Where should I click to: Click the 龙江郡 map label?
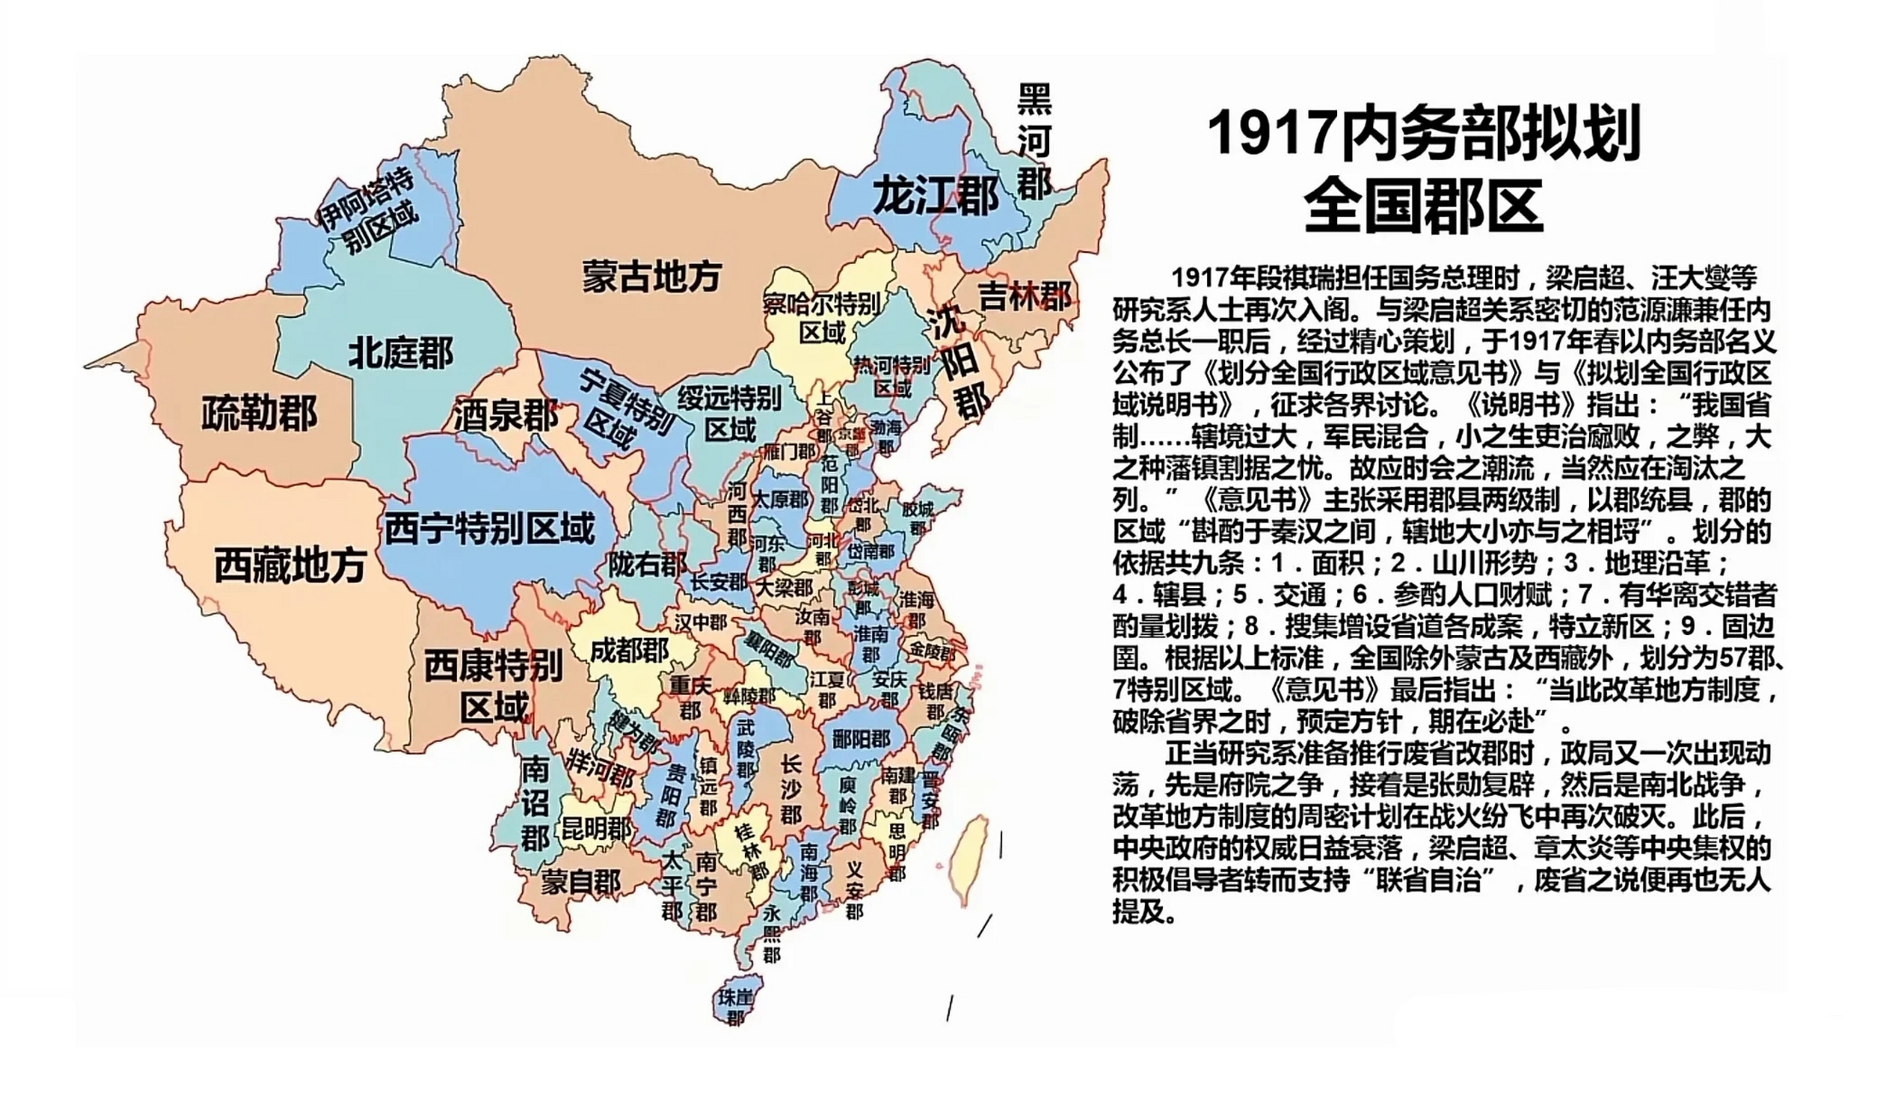pyautogui.click(x=935, y=197)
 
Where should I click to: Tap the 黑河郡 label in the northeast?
pyautogui.click(x=1034, y=141)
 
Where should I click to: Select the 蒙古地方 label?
pyautogui.click(x=652, y=276)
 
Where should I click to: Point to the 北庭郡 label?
pyautogui.click(x=401, y=352)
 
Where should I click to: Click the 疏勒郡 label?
pyautogui.click(x=259, y=413)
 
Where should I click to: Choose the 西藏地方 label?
pyautogui.click(x=290, y=565)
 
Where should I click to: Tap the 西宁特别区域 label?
pyautogui.click(x=489, y=528)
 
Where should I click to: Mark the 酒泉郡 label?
pyautogui.click(x=505, y=416)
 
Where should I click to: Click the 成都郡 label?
pyautogui.click(x=630, y=650)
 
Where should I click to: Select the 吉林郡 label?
pyautogui.click(x=1024, y=297)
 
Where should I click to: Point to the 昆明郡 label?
pyautogui.click(x=596, y=827)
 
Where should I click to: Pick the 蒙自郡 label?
pyautogui.click(x=580, y=881)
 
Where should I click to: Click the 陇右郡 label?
pyautogui.click(x=648, y=563)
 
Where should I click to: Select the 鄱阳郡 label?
pyautogui.click(x=860, y=738)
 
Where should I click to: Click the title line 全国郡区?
pyautogui.click(x=1423, y=205)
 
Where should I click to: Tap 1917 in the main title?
pyautogui.click(x=1270, y=134)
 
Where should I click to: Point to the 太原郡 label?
pyautogui.click(x=779, y=498)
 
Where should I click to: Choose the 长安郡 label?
pyautogui.click(x=719, y=582)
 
